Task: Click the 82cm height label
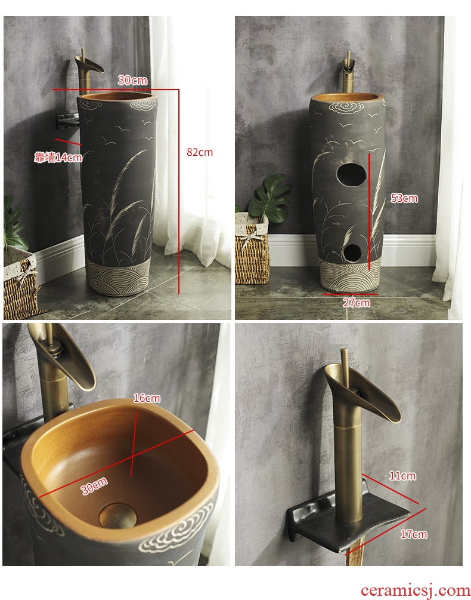pos(199,152)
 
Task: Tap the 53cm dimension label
pos(404,198)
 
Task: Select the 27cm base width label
pos(356,303)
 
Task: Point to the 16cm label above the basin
pos(147,398)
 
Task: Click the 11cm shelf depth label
pos(402,476)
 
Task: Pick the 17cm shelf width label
pos(414,534)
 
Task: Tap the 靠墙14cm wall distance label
pos(58,157)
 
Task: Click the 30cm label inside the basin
pos(94,486)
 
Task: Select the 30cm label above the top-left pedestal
pos(132,81)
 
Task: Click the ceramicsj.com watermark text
pos(415,590)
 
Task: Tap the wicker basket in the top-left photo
pos(20,285)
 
